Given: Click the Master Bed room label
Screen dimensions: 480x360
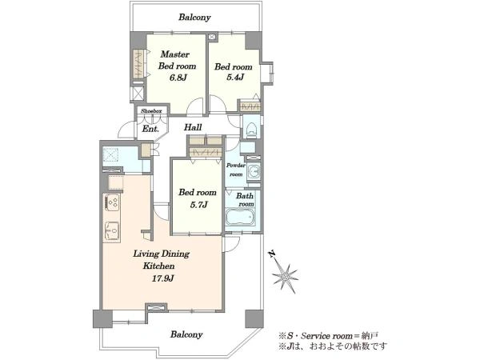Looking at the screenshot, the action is (x=177, y=60).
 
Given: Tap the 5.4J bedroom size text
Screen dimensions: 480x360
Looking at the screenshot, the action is (x=235, y=77).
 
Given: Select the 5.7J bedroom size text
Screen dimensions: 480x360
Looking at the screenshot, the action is (x=198, y=205).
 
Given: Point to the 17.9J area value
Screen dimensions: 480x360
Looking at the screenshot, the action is (x=163, y=278).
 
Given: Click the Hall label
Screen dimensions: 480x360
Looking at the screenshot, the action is (x=193, y=127).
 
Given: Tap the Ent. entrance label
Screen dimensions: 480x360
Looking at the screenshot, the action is (x=150, y=129).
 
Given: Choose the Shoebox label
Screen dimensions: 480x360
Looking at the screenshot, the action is (x=151, y=111).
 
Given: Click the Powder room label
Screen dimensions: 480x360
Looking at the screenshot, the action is (x=236, y=170).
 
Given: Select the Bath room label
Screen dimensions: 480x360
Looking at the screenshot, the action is (x=245, y=199).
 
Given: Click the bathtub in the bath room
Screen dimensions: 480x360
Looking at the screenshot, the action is (x=240, y=217).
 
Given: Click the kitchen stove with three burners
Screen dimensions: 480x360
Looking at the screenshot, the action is (x=113, y=202).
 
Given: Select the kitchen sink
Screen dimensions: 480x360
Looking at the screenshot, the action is (x=112, y=230).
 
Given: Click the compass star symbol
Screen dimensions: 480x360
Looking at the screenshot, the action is (x=285, y=277).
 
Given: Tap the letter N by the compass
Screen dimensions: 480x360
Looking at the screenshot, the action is (x=271, y=254).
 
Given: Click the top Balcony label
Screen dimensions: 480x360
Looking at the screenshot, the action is (x=194, y=17).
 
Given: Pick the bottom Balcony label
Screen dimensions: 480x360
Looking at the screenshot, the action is (x=186, y=334).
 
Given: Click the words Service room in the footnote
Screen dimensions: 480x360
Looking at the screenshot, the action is (x=326, y=336).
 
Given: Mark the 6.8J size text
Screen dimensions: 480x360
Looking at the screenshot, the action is (x=178, y=78).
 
